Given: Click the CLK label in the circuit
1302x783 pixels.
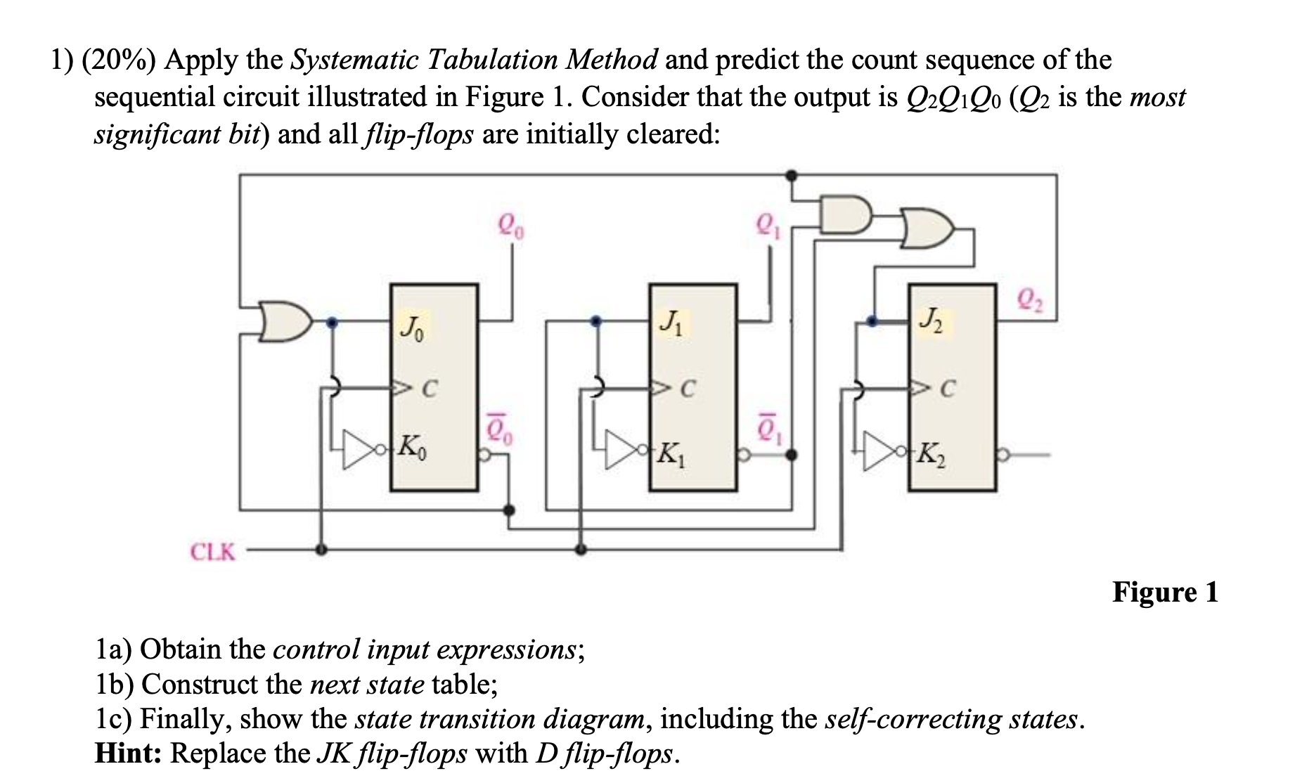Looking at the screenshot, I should [213, 552].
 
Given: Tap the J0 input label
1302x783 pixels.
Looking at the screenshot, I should [412, 328].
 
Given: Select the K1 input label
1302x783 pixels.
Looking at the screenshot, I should [671, 455].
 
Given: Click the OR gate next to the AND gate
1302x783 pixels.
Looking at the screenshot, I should [927, 228].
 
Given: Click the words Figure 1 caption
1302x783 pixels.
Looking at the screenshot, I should [1164, 592].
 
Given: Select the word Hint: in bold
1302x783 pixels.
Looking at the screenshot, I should [129, 753].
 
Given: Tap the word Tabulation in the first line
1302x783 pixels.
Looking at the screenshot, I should [492, 60].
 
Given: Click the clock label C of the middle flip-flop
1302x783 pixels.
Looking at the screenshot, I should [689, 388].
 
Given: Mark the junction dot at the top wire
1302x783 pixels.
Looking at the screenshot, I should [791, 174].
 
